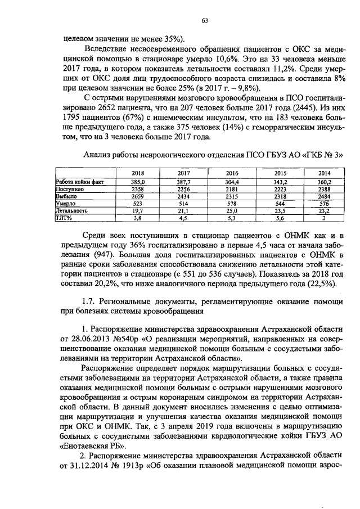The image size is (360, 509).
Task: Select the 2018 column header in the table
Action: tap(138, 173)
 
